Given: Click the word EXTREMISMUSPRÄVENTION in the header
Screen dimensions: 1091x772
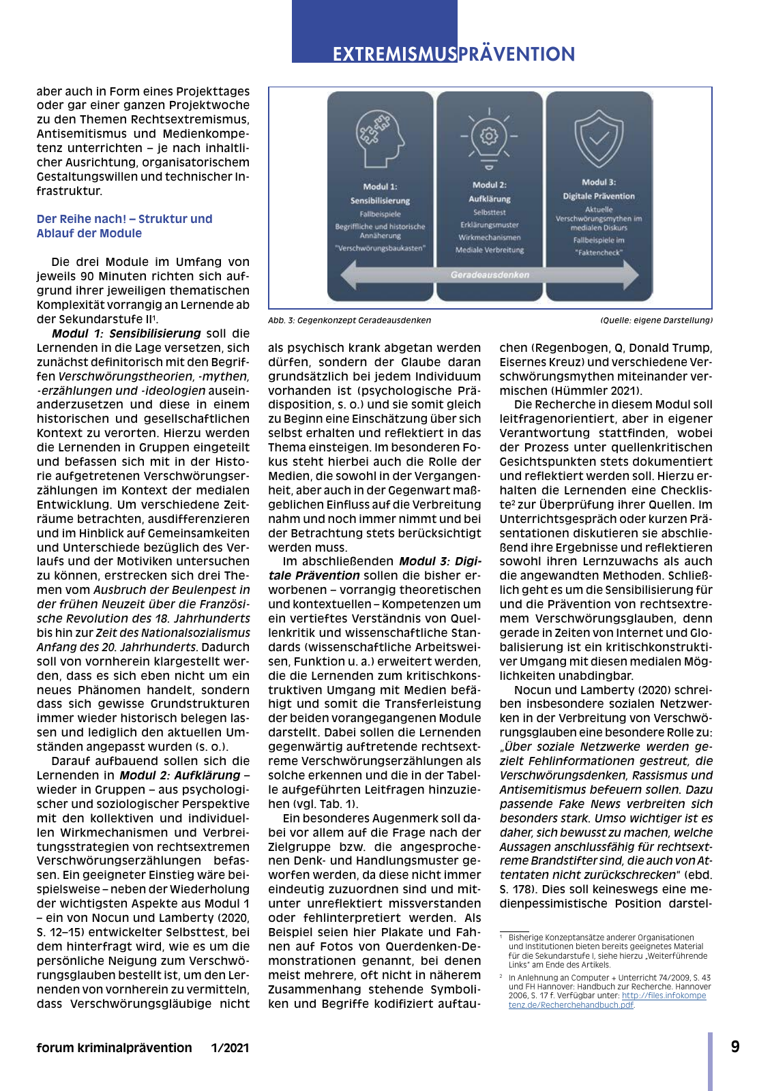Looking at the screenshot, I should [x=454, y=54].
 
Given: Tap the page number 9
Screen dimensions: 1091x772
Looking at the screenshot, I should [x=735, y=1047].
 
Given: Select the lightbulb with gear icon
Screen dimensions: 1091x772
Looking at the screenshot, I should [x=489, y=137].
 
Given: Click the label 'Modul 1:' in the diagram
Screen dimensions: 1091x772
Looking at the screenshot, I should [x=380, y=186].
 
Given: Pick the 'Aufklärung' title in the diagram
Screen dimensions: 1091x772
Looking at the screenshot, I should [x=489, y=199].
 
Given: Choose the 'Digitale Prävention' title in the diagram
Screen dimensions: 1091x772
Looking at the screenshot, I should [x=599, y=196].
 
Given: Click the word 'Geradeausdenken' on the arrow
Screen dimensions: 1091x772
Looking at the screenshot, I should [x=490, y=275].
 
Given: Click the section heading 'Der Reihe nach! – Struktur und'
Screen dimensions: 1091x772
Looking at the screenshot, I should [x=124, y=219].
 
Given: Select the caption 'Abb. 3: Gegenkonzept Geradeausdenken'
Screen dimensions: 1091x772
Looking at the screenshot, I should [x=349, y=320].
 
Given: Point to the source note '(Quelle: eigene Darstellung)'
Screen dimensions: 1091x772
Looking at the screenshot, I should [x=656, y=320].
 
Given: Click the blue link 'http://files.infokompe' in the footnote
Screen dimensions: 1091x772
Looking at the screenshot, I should [x=664, y=996].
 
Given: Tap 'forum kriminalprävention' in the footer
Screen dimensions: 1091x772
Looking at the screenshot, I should [x=114, y=1048].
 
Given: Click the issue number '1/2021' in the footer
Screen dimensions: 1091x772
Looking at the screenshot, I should [x=230, y=1048].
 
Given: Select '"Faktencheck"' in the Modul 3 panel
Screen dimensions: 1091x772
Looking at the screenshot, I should [x=599, y=252].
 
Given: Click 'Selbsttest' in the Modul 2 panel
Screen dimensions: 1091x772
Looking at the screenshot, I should [x=489, y=213].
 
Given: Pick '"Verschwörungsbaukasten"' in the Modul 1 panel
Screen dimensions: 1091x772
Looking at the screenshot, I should [x=380, y=248].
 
